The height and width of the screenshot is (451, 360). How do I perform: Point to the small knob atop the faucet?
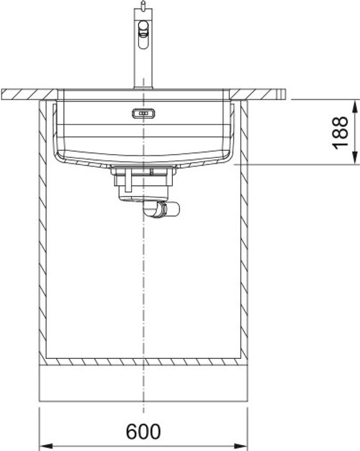(x=143, y=5)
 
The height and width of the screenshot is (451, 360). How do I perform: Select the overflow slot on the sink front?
(x=143, y=112)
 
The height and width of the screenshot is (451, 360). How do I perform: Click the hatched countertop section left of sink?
(x=29, y=94)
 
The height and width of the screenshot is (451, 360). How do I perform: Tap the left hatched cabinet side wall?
(x=42, y=231)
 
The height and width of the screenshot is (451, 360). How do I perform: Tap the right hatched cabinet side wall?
(x=245, y=231)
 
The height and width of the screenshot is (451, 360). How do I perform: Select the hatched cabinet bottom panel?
(x=143, y=360)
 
